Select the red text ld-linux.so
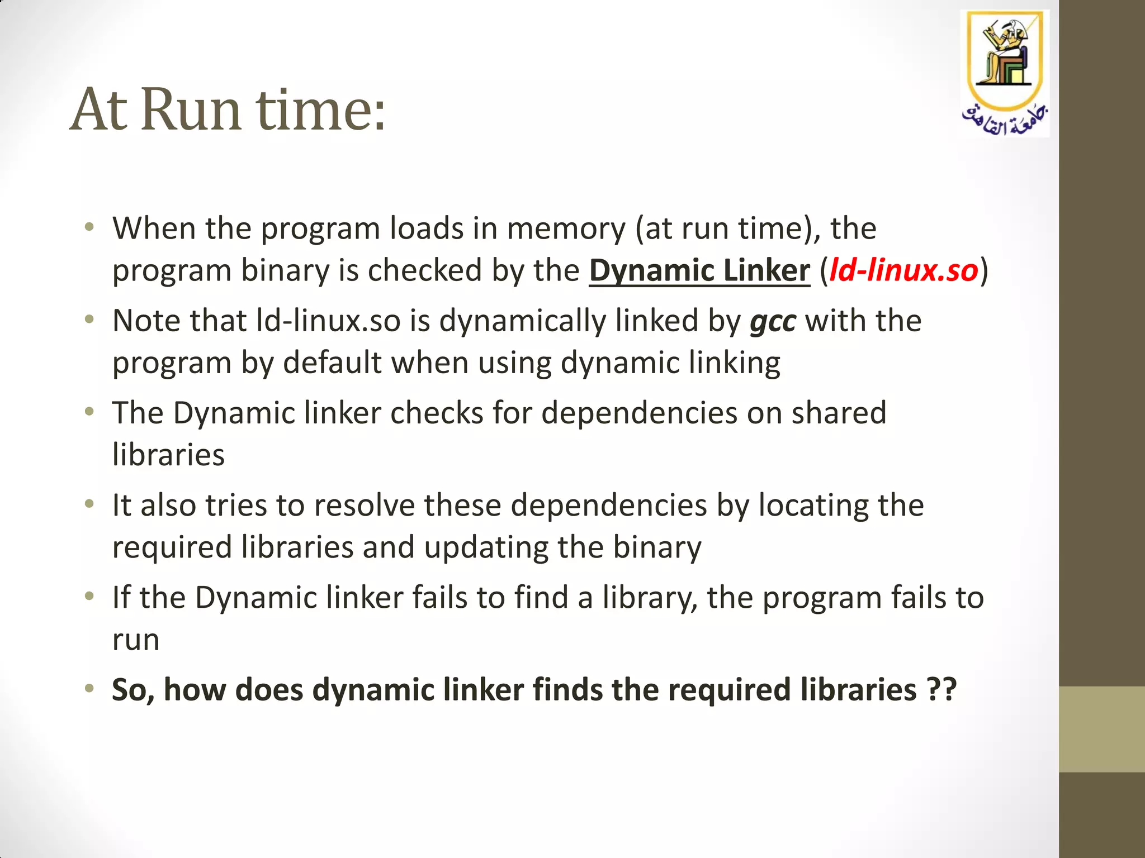(903, 271)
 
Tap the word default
(333, 363)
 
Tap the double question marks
(941, 690)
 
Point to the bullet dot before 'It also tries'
(89, 504)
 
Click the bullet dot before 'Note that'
(89, 320)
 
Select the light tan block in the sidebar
(1101, 729)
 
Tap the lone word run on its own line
(136, 640)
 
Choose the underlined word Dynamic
(651, 271)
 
